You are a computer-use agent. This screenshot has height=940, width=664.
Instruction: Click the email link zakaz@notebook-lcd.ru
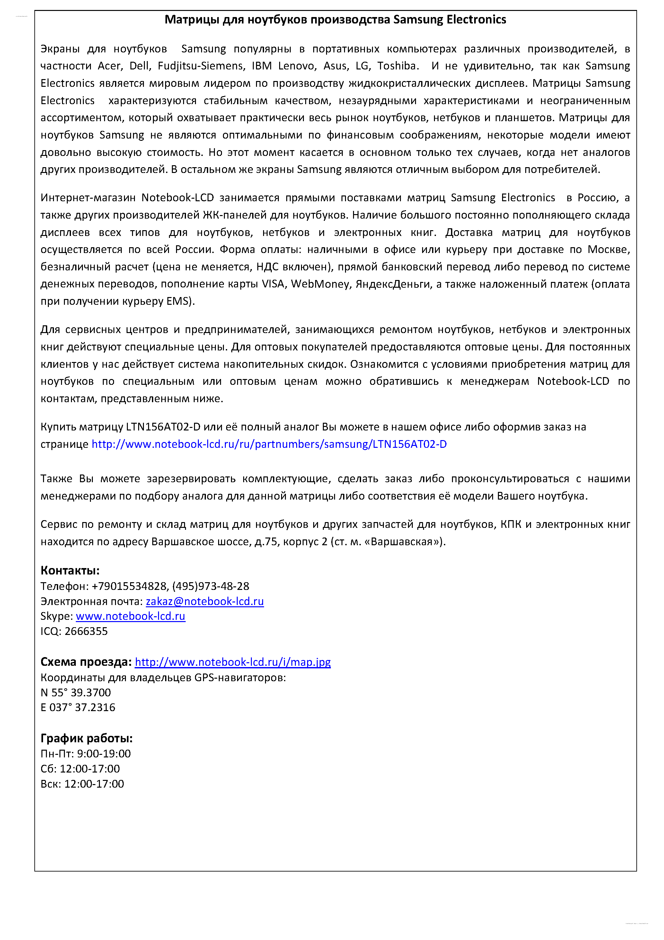click(205, 601)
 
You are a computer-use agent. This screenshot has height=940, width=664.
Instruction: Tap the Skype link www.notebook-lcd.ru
click(130, 616)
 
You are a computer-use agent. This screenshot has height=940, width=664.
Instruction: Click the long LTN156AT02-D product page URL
click(269, 444)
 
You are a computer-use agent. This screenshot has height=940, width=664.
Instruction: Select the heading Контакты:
click(70, 570)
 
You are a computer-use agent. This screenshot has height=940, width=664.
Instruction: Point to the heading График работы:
click(86, 738)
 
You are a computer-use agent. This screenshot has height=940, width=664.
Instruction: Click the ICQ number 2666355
click(86, 631)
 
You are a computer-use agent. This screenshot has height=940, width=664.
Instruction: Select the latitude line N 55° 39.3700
click(76, 692)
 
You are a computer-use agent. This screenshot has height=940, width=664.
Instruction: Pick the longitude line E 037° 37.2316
click(78, 708)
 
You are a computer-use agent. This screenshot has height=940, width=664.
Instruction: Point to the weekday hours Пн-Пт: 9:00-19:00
click(85, 754)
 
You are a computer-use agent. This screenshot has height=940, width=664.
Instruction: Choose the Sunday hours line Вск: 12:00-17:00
click(82, 784)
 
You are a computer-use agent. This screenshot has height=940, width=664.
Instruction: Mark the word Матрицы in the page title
click(192, 20)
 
